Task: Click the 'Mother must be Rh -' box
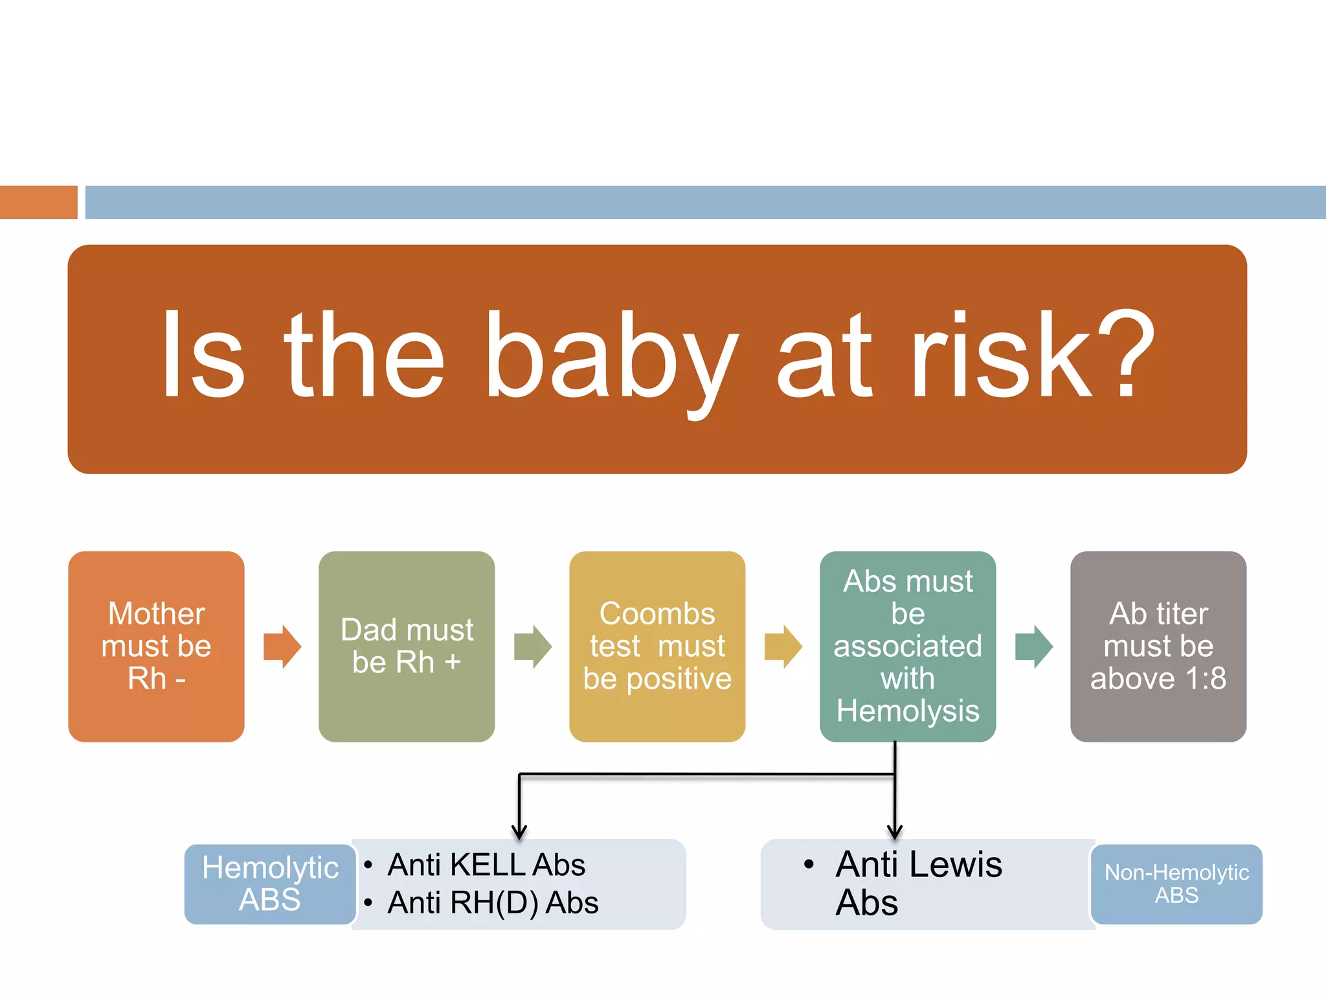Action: [x=156, y=646]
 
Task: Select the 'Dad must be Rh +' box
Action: [x=407, y=646]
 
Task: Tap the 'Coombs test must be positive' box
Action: [x=657, y=646]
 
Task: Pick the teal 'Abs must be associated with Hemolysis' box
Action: [x=908, y=646]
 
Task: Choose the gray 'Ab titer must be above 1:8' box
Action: [x=1158, y=646]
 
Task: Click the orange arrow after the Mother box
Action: [x=282, y=646]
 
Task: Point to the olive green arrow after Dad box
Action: [x=533, y=646]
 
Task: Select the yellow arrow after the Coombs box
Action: [x=783, y=646]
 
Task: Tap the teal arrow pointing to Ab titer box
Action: [x=1034, y=646]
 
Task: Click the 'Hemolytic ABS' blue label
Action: [x=270, y=884]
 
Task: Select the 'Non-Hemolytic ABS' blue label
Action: [x=1176, y=884]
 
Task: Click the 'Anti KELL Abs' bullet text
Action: [x=486, y=865]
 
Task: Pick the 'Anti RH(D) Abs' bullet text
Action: [x=493, y=902]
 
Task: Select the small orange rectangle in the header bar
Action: [x=38, y=202]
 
